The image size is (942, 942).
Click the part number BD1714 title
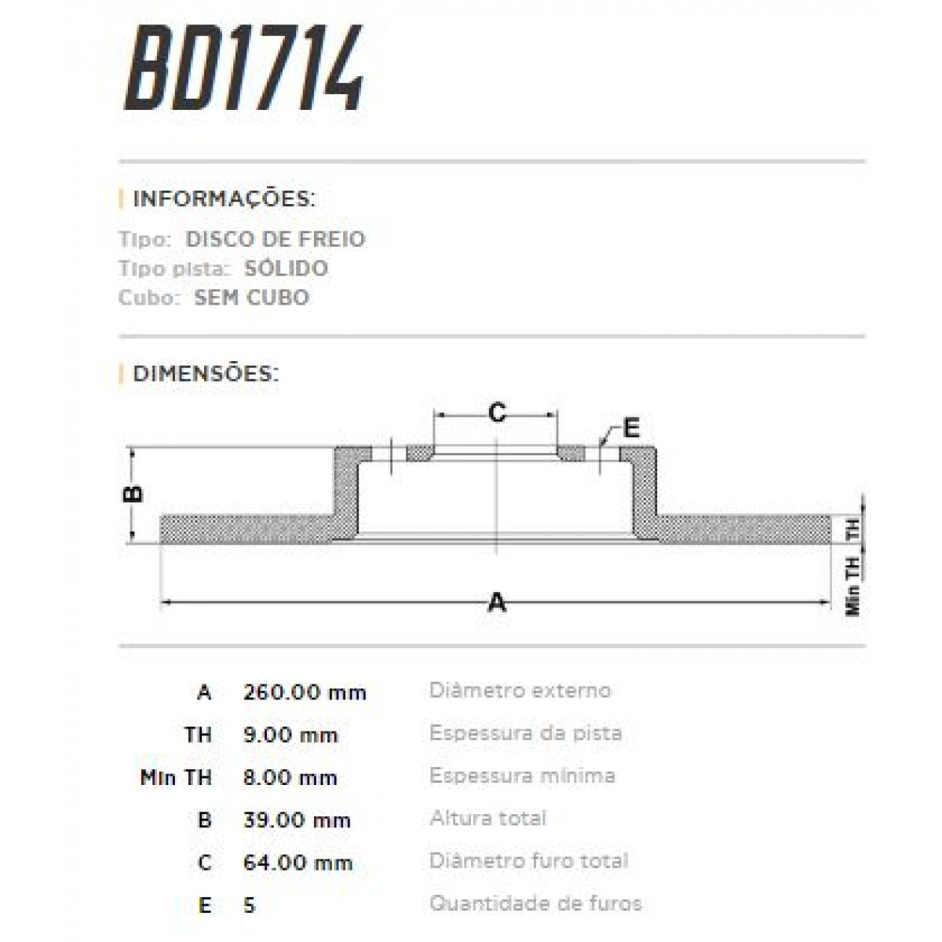coord(243,69)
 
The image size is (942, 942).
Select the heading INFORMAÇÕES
coord(224,199)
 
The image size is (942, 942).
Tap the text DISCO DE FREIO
coord(276,239)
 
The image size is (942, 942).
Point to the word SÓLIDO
coord(286,268)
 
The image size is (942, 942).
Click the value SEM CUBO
coord(252,298)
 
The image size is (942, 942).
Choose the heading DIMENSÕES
coord(206,373)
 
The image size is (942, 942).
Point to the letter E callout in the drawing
coord(631,429)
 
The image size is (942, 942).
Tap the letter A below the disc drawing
coord(497,603)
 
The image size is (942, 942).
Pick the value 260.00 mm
coord(305,692)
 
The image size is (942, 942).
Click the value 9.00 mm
coord(290,736)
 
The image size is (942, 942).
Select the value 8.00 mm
coord(290,778)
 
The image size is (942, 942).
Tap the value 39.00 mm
coord(297,820)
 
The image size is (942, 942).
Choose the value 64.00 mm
coord(298,863)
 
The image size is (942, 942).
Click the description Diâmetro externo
coord(520,691)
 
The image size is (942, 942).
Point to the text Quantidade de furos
coord(535,904)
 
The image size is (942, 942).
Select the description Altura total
coord(487,819)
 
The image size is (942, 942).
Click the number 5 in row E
coord(250,905)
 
